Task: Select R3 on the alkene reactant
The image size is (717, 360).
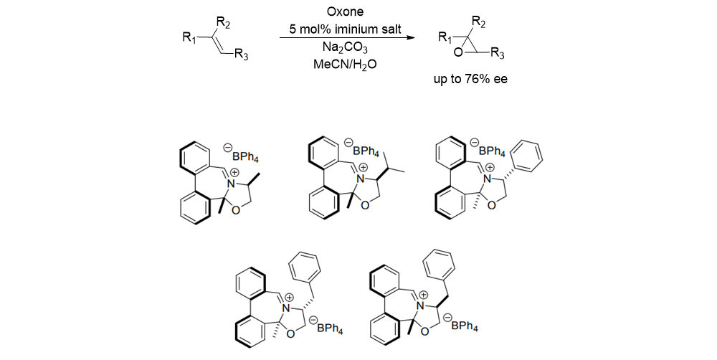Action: pyautogui.click(x=246, y=58)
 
